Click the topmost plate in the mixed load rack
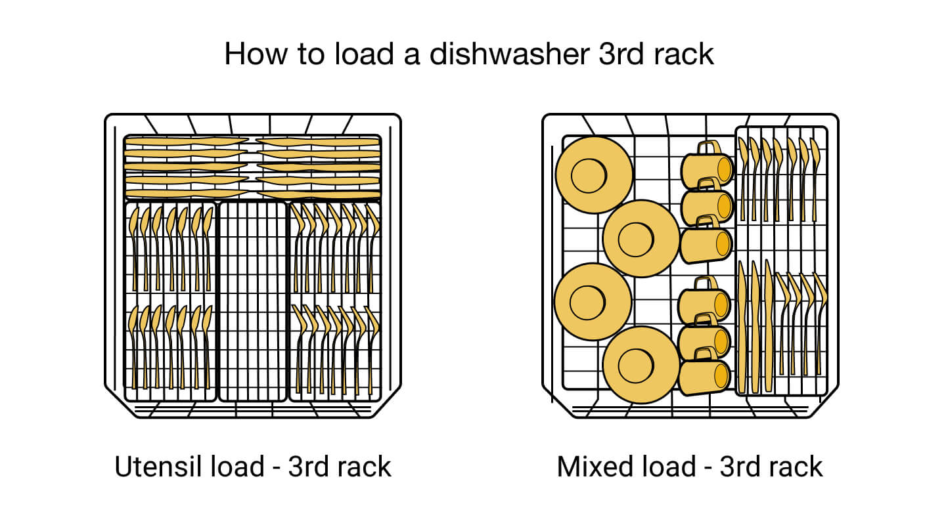[593, 175]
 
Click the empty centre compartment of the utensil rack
[252, 302]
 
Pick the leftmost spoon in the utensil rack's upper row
[134, 246]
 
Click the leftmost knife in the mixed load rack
[742, 325]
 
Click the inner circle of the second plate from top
[635, 239]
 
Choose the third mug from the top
[706, 245]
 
